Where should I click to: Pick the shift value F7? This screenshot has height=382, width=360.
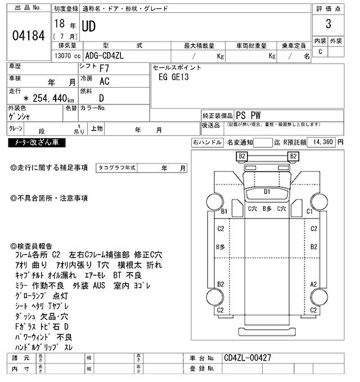pos(105,69)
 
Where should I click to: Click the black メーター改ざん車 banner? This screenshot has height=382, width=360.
pos(37,143)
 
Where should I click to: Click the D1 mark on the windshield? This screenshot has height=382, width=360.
pos(268,192)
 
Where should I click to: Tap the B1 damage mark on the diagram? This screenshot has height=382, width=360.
pos(224,211)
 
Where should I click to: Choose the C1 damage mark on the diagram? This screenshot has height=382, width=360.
pos(309,211)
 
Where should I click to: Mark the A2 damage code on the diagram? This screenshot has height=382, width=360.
pos(314,285)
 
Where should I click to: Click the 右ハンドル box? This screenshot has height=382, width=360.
pos(206,142)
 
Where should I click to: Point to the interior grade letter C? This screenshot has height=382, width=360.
pos(320,52)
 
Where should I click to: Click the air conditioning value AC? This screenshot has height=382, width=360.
pos(105,81)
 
